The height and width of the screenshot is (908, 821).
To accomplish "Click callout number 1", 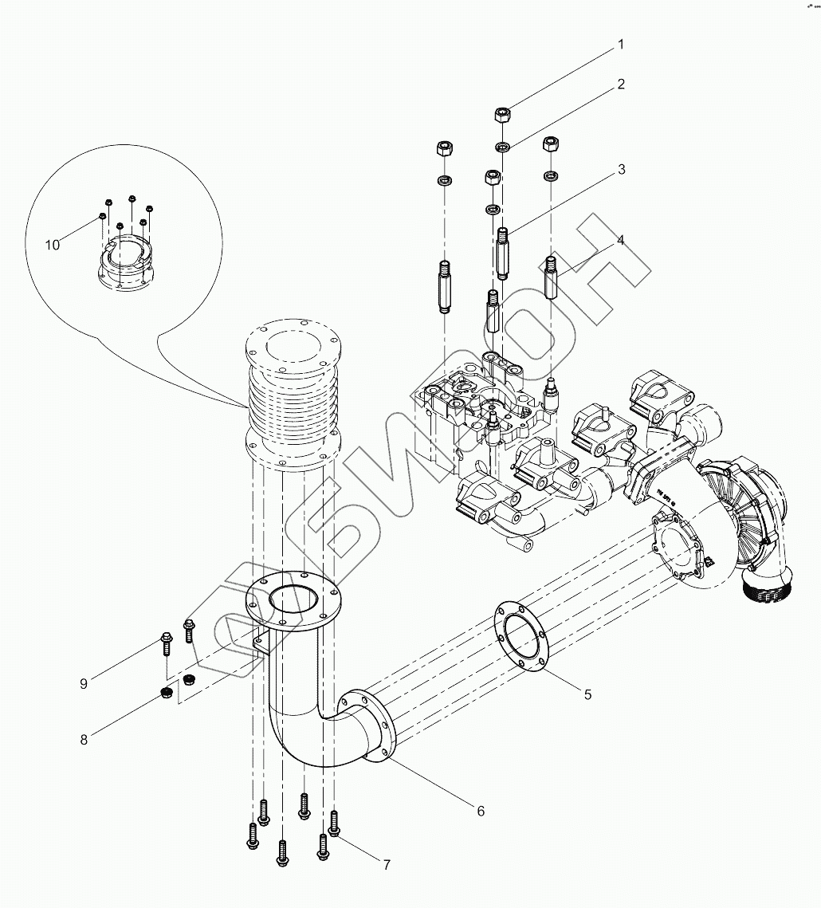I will (620, 45).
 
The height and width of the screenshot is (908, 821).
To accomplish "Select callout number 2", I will (620, 84).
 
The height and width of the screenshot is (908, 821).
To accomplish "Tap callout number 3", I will (620, 170).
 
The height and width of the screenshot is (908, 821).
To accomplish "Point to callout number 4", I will (620, 240).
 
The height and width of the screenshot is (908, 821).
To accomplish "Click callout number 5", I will (587, 694).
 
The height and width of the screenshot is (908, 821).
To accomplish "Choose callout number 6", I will (481, 811).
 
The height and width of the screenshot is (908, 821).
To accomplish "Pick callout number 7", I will (387, 864).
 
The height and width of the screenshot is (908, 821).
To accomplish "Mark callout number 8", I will (84, 739).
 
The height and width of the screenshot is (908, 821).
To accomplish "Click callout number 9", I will (84, 683).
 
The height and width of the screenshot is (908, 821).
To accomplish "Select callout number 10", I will (53, 245).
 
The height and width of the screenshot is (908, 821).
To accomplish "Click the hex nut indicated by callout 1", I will (503, 114).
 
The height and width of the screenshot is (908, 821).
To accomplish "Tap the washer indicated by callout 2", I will (503, 147).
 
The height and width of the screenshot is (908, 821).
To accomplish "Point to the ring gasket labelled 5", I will (520, 636).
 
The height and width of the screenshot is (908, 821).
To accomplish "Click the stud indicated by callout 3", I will (503, 254).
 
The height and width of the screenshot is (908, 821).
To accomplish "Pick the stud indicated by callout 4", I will (551, 275).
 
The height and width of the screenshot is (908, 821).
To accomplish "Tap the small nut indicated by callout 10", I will (103, 216).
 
